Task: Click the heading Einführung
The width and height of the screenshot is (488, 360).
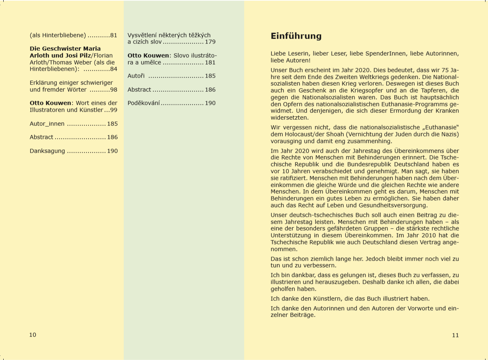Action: point(296,36)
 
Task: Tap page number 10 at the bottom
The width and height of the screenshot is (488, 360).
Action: point(33,335)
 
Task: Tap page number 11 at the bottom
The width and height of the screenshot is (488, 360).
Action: point(455,335)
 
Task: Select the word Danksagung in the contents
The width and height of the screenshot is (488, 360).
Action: point(47,151)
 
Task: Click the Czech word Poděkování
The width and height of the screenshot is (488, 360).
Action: point(144,103)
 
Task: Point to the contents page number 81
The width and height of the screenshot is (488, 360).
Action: point(114,35)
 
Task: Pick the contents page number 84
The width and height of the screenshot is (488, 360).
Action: point(114,69)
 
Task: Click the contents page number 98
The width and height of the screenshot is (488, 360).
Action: point(114,90)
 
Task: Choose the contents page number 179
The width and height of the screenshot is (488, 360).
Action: point(210,42)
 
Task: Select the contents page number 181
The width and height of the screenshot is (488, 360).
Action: point(210,63)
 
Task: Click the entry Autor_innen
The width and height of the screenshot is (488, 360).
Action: point(47,124)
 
